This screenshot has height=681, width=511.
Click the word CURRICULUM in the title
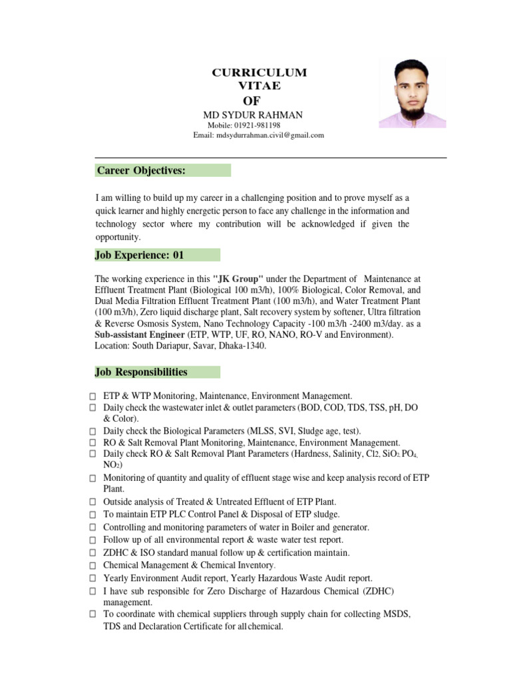click(259, 72)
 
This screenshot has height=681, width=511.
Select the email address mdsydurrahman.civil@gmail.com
click(269, 135)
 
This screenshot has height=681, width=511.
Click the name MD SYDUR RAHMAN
click(253, 115)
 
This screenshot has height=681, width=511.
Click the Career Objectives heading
click(141, 171)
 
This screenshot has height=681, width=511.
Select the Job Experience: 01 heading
click(140, 255)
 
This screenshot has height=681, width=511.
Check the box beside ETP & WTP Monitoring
click(93, 396)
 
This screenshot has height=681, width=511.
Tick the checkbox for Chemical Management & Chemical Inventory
click(93, 566)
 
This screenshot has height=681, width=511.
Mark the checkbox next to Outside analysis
click(93, 502)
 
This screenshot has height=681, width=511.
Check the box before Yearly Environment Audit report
click(93, 579)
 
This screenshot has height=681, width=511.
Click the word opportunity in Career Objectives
click(118, 237)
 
